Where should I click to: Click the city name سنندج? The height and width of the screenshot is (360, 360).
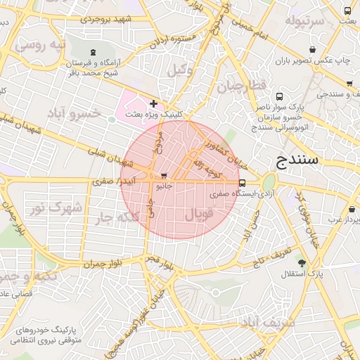click(294, 160)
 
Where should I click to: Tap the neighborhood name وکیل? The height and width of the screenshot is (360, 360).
click(181, 70)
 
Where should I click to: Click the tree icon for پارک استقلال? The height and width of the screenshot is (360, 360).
click(302, 263)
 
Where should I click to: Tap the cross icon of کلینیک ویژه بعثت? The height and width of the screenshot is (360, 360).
click(153, 103)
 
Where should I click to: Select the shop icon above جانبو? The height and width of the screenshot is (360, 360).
click(164, 176)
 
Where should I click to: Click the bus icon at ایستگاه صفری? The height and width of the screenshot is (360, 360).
click(243, 183)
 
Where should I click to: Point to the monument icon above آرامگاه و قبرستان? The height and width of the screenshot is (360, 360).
click(94, 52)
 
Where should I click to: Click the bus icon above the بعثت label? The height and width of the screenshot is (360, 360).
click(348, 11)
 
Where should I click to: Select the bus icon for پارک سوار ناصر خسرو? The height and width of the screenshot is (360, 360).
click(280, 96)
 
